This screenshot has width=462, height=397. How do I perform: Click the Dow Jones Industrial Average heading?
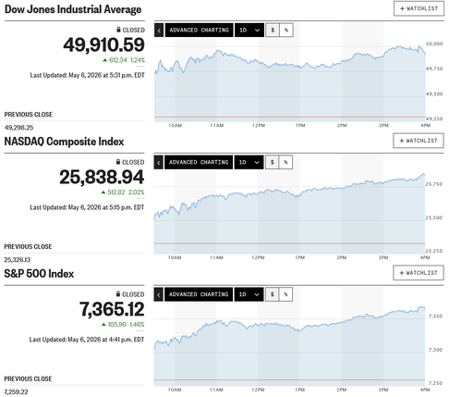[73, 9]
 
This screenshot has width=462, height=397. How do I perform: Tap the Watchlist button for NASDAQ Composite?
[419, 141]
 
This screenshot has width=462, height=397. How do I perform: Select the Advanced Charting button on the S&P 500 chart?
[199, 294]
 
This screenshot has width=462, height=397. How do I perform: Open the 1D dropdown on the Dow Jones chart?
[249, 30]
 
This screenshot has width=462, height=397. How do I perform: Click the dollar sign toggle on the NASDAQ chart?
[272, 162]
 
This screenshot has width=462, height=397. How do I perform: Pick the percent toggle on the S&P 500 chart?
[286, 294]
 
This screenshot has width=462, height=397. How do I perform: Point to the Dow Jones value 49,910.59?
[103, 44]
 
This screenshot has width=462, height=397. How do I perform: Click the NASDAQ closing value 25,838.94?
[102, 177]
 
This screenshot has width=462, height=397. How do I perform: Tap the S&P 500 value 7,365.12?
[112, 309]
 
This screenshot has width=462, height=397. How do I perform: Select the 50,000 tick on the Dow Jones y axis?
[434, 43]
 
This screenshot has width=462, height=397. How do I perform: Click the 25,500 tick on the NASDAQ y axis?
[433, 217]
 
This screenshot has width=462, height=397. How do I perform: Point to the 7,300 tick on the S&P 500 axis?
[435, 350]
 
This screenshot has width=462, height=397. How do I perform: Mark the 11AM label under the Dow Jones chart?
[217, 126]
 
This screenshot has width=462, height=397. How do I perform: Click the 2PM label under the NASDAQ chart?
[342, 257]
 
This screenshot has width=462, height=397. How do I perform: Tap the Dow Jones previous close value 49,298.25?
[18, 128]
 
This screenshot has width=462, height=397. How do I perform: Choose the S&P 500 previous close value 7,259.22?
[16, 391]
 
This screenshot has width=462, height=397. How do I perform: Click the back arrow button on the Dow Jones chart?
[159, 31]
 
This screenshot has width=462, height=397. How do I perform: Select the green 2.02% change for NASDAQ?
[136, 192]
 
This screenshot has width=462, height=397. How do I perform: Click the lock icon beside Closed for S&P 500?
[118, 293]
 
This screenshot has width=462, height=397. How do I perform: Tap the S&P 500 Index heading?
[39, 274]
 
